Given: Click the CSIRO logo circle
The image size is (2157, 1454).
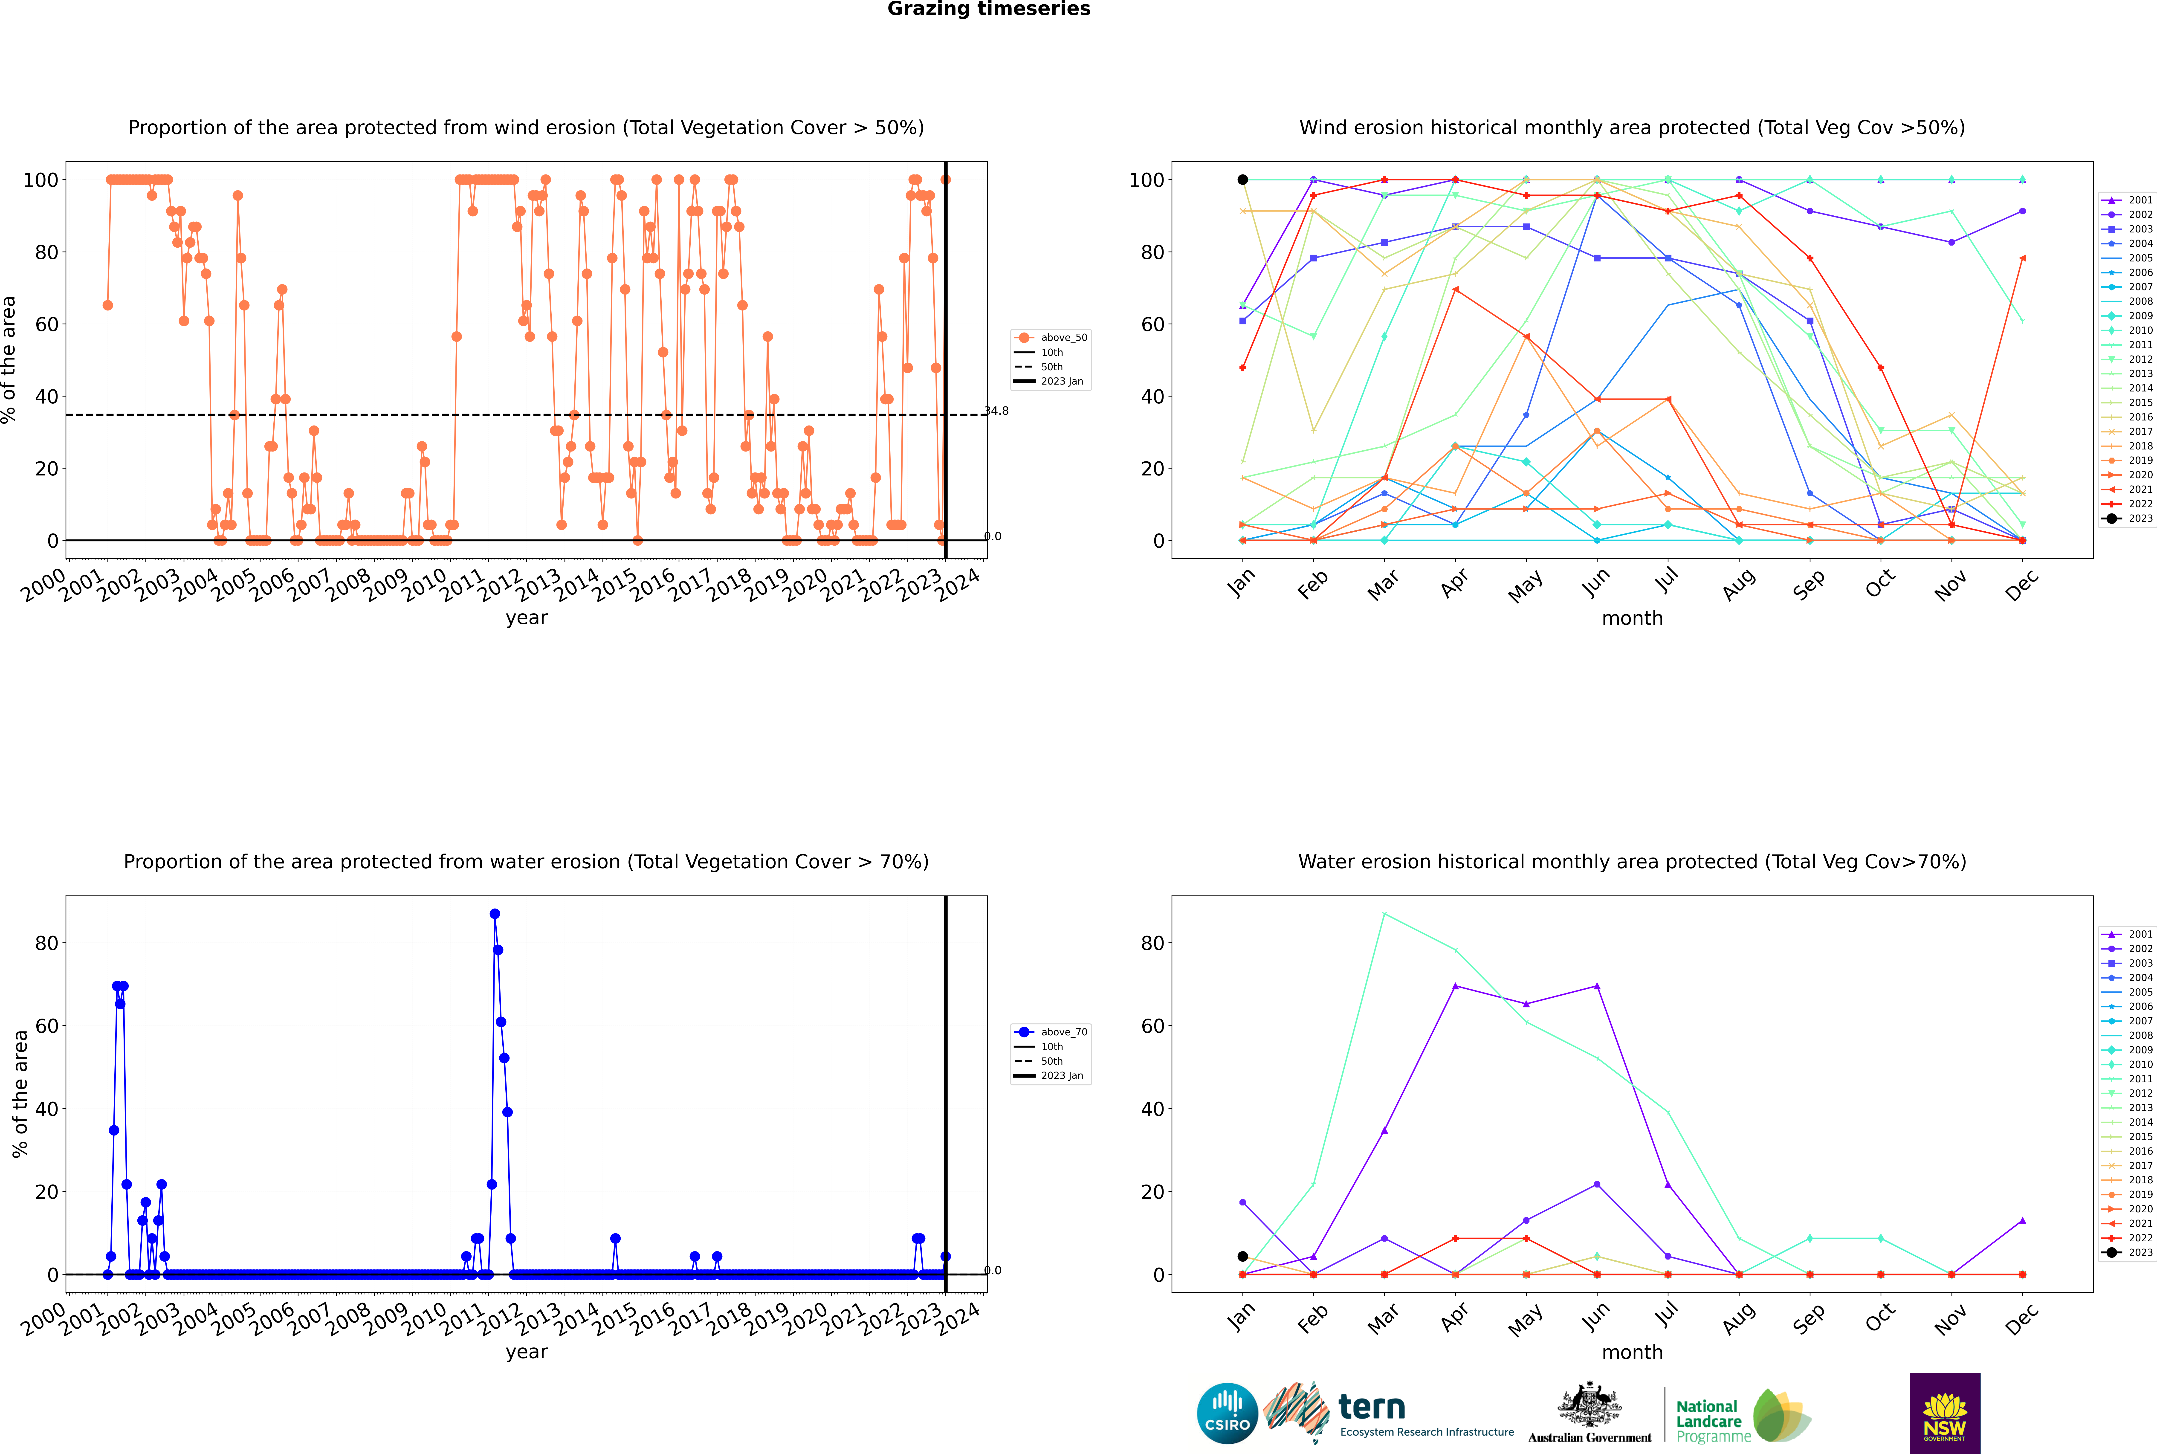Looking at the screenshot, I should click(x=1227, y=1413).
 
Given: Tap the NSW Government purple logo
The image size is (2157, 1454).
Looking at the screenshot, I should click(x=1945, y=1412).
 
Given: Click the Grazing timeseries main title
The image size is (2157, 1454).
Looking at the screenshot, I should click(x=989, y=9).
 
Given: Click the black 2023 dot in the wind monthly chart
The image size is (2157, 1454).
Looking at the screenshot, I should click(x=1243, y=180).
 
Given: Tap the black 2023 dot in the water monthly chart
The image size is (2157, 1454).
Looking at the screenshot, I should click(x=1243, y=1257).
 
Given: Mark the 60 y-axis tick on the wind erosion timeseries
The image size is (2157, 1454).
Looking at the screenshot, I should click(x=46, y=324).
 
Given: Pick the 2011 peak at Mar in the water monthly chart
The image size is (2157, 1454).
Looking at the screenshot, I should click(x=1384, y=914).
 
